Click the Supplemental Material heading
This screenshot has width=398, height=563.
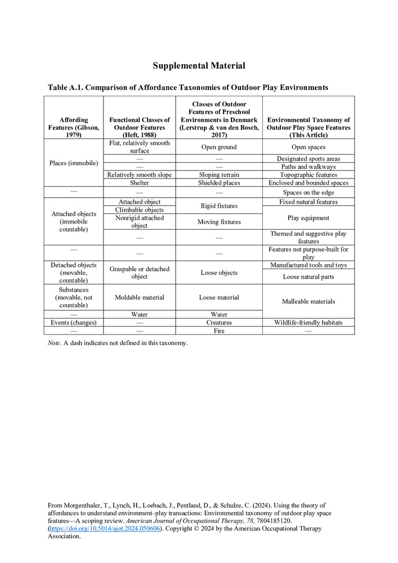(199, 66)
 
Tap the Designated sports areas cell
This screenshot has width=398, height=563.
(308, 159)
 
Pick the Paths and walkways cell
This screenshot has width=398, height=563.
(308, 167)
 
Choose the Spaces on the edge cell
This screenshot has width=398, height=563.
(308, 193)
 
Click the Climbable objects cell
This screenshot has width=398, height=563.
(139, 210)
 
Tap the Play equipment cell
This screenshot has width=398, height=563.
(308, 218)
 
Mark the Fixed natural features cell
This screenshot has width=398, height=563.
(308, 202)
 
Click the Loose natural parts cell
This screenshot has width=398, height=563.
(308, 276)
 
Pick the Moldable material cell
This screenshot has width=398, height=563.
(139, 297)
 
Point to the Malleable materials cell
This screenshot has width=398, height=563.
(308, 301)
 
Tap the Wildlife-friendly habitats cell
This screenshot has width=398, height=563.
(308, 323)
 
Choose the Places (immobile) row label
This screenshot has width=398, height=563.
(74, 163)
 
